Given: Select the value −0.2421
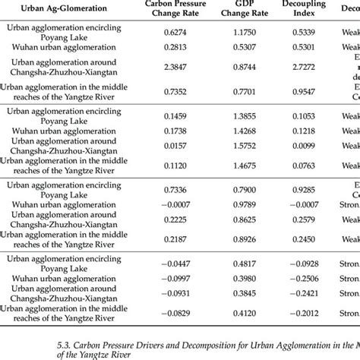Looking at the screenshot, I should pyautogui.click(x=310, y=292).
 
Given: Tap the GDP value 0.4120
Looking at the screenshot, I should pyautogui.click(x=249, y=313).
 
